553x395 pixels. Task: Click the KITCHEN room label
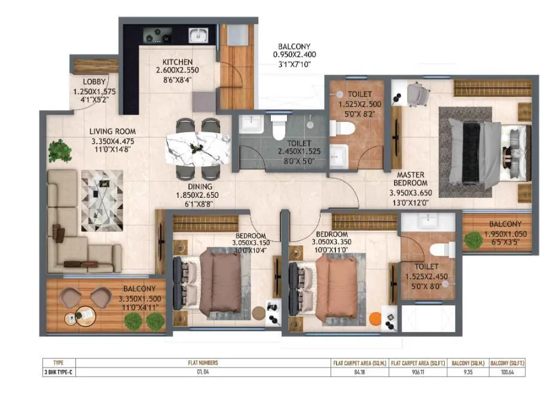coord(178,62)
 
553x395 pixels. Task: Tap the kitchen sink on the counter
coord(196,35)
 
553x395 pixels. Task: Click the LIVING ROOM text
coord(112,131)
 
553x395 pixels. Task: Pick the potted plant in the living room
coord(60,150)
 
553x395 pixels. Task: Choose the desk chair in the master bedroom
coord(416,93)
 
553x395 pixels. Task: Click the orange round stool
coord(375,319)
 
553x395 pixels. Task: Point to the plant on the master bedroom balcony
coord(473,241)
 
